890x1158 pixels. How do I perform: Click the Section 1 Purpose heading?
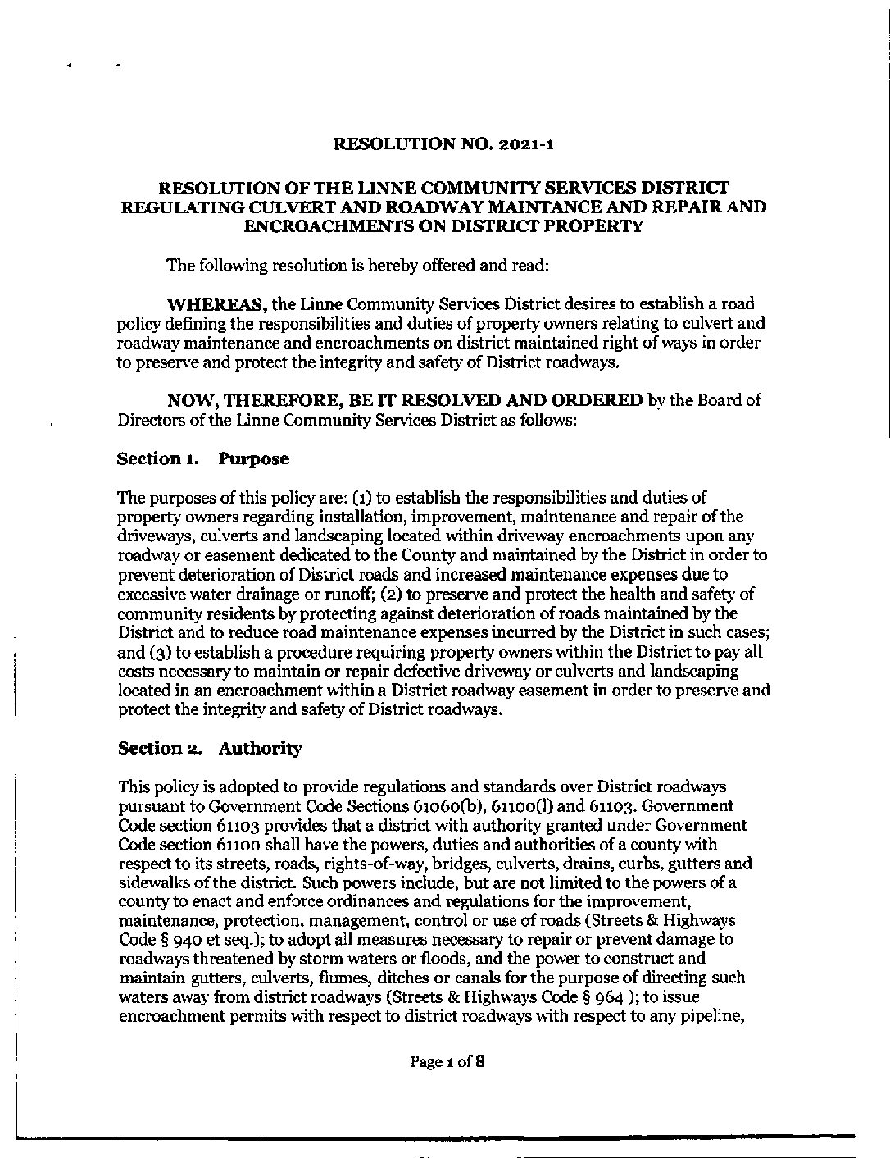tap(203, 458)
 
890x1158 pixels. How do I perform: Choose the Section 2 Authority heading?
tap(210, 748)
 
